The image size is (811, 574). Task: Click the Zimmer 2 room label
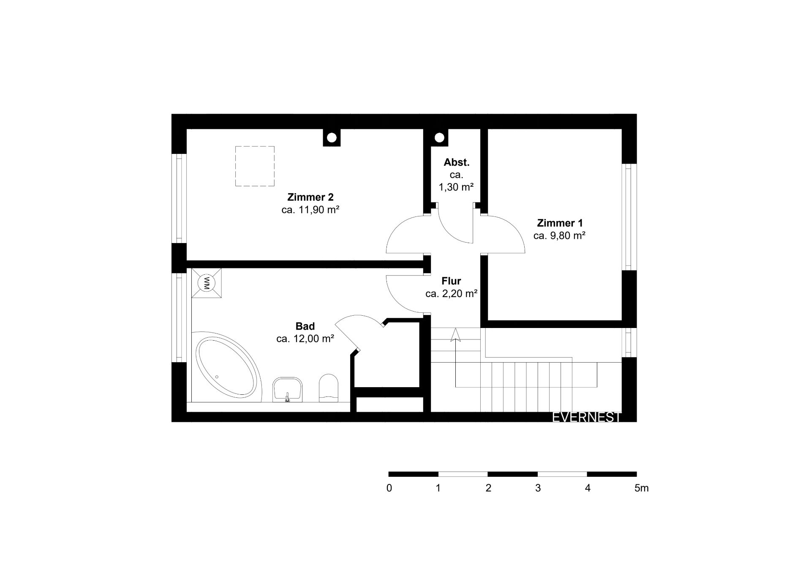(x=310, y=197)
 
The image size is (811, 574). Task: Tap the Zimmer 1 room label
(x=560, y=223)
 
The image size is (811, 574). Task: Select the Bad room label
(x=305, y=326)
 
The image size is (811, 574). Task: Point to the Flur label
(x=451, y=281)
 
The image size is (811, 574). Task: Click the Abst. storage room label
(x=457, y=162)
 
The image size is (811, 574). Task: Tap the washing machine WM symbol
(x=207, y=282)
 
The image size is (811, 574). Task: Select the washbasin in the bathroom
(x=288, y=389)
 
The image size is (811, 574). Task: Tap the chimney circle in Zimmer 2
(x=332, y=138)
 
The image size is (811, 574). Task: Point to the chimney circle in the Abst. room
(x=439, y=138)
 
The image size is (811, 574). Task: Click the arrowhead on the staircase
(x=455, y=335)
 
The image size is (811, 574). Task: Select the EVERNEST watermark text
(x=587, y=418)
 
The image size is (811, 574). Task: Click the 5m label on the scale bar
(x=641, y=488)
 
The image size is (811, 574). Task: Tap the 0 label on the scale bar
(x=389, y=488)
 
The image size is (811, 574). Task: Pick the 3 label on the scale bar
(x=538, y=488)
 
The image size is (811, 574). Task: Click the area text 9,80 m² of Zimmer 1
(x=567, y=236)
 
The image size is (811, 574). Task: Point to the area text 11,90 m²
(x=319, y=210)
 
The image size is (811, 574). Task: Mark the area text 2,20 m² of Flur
(x=460, y=294)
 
